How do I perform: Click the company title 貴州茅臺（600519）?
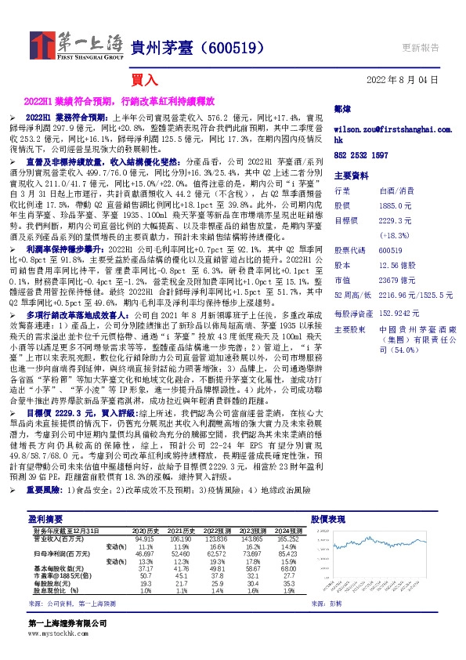pyautogui.click(x=196, y=48)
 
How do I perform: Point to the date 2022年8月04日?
pyautogui.click(x=402, y=80)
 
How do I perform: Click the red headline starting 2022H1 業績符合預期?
pyautogui.click(x=130, y=101)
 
